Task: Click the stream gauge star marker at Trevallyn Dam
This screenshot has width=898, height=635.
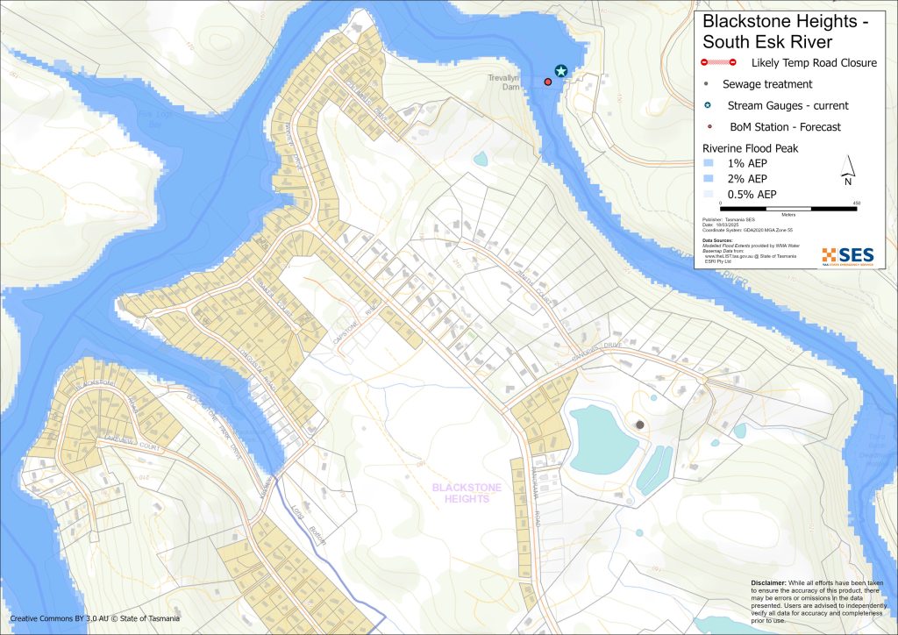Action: (x=560, y=71)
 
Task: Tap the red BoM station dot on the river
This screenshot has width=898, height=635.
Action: (x=548, y=82)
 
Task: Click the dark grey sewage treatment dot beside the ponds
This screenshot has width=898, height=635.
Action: (x=639, y=425)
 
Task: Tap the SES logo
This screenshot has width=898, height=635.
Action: (x=847, y=255)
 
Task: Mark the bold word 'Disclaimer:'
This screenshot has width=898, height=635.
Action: (x=774, y=582)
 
